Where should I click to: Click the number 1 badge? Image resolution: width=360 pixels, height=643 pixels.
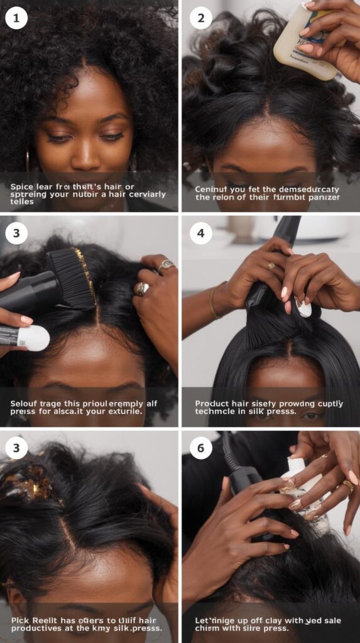(x=16, y=18)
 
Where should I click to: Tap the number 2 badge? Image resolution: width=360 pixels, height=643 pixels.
(x=200, y=18)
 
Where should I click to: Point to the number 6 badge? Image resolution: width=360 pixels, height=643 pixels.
(x=200, y=448)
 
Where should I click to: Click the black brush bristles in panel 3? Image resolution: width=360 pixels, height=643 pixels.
(x=74, y=276)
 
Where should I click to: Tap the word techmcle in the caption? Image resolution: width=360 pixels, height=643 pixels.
(x=217, y=414)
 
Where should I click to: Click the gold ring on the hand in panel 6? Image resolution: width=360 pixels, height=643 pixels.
(x=347, y=486)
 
